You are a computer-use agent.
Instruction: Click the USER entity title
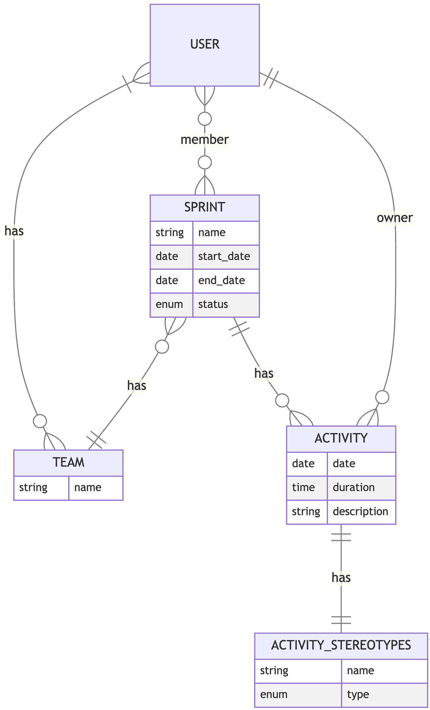[205, 45]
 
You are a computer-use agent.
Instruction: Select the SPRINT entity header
[205, 207]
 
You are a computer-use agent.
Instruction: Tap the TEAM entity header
[68, 462]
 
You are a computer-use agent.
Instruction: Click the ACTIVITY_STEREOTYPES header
[341, 645]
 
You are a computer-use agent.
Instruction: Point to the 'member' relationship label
[205, 140]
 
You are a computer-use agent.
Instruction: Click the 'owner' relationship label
[395, 218]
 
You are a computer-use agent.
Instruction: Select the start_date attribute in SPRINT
[224, 256]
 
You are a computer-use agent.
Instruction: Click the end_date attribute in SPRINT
[221, 280]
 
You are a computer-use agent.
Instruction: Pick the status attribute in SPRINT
[213, 304]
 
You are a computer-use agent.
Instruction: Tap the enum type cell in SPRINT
[169, 304]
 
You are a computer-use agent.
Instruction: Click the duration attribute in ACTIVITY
[354, 487]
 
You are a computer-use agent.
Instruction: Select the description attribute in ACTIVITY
[360, 511]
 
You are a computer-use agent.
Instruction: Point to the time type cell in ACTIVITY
[303, 487]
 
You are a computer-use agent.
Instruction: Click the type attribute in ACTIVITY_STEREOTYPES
[358, 694]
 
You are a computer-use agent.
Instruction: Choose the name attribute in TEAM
[88, 487]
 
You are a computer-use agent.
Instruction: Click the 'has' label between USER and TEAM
[14, 231]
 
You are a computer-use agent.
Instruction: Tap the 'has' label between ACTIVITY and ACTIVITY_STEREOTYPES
[341, 577]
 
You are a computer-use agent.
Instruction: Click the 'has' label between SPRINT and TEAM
[137, 385]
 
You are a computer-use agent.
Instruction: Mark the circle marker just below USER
[205, 119]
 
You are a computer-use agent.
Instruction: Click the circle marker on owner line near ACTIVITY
[382, 397]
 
